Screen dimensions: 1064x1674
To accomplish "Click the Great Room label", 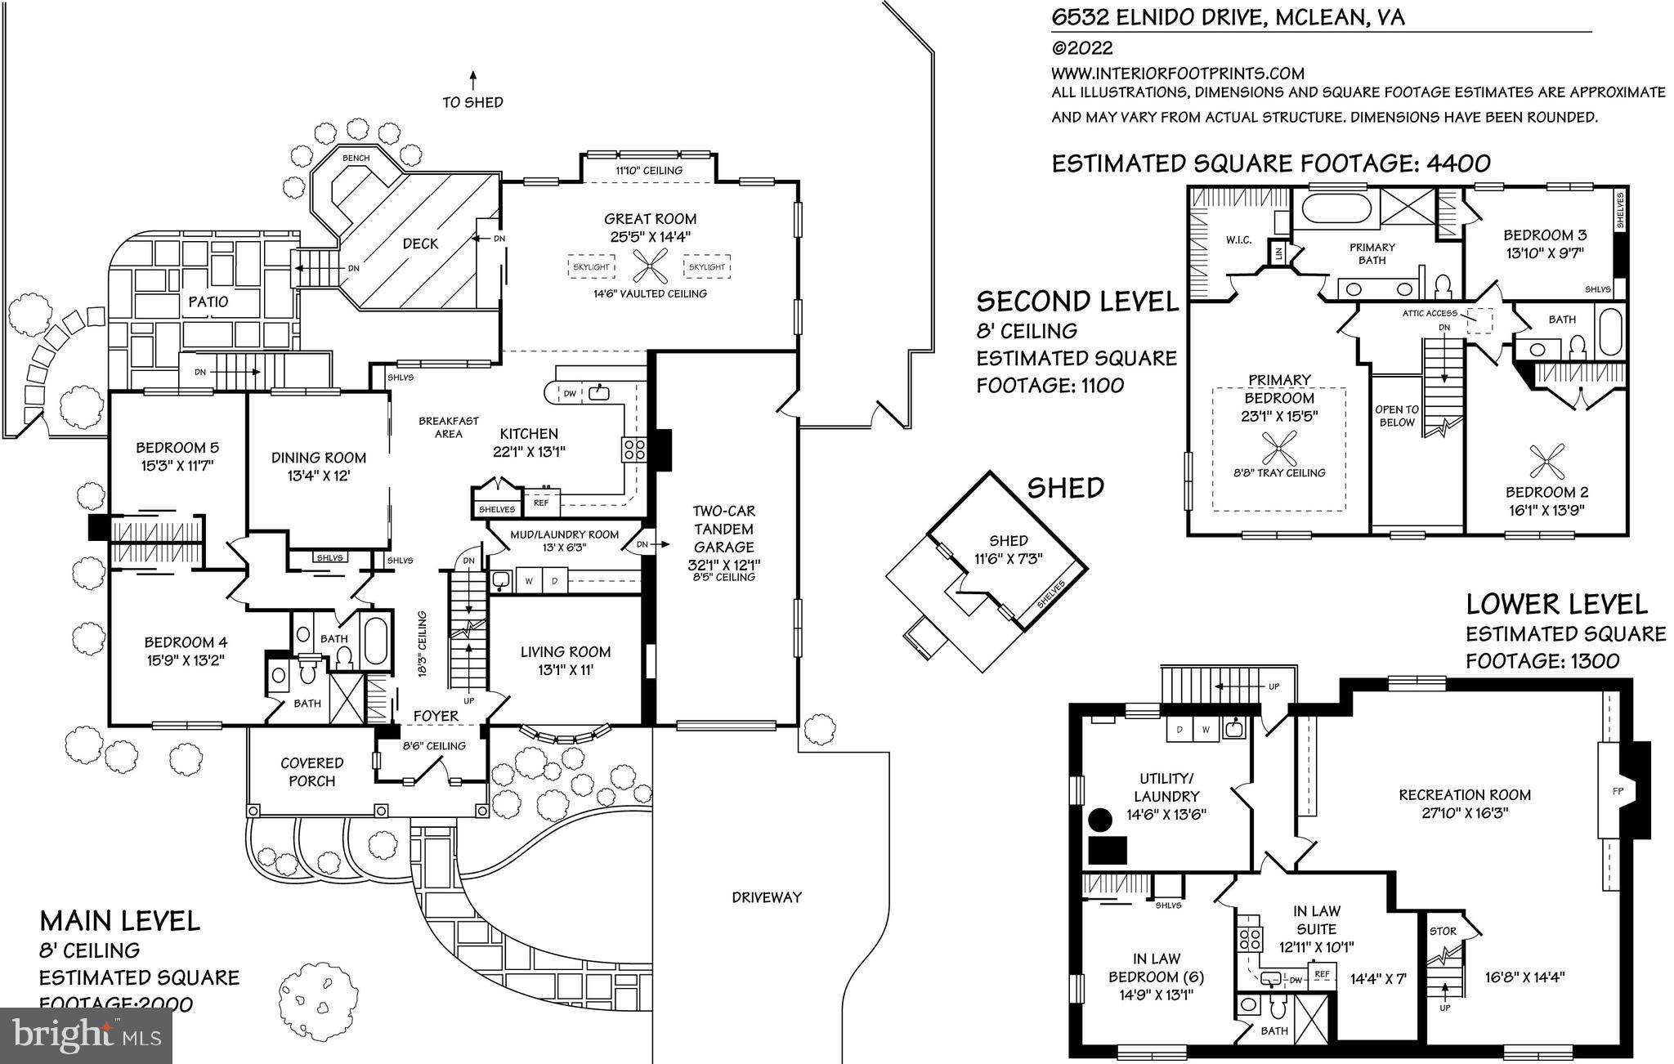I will click(650, 219).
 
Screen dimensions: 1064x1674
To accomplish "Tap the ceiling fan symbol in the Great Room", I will click(650, 267).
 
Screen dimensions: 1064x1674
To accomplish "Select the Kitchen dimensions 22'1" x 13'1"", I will click(529, 451).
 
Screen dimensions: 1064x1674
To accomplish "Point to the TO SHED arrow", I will click(472, 79).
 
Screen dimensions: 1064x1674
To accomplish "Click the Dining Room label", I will click(319, 458).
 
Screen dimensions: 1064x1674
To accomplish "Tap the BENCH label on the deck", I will click(356, 159).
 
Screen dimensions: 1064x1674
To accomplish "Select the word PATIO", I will click(208, 302).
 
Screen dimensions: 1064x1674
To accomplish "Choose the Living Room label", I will click(566, 652).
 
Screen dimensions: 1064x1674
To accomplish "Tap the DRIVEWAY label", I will click(767, 897).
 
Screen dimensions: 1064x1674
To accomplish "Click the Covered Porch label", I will click(311, 771).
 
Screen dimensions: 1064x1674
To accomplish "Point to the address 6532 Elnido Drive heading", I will click(1227, 17).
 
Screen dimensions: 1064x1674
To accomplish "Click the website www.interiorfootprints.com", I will click(1177, 74).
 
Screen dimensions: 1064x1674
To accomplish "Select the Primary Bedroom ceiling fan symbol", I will click(1278, 449).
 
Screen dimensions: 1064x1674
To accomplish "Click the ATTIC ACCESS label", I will click(1430, 313).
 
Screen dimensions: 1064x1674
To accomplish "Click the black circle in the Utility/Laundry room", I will click(1100, 819).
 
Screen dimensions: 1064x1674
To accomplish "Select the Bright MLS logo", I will click(86, 1035).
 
